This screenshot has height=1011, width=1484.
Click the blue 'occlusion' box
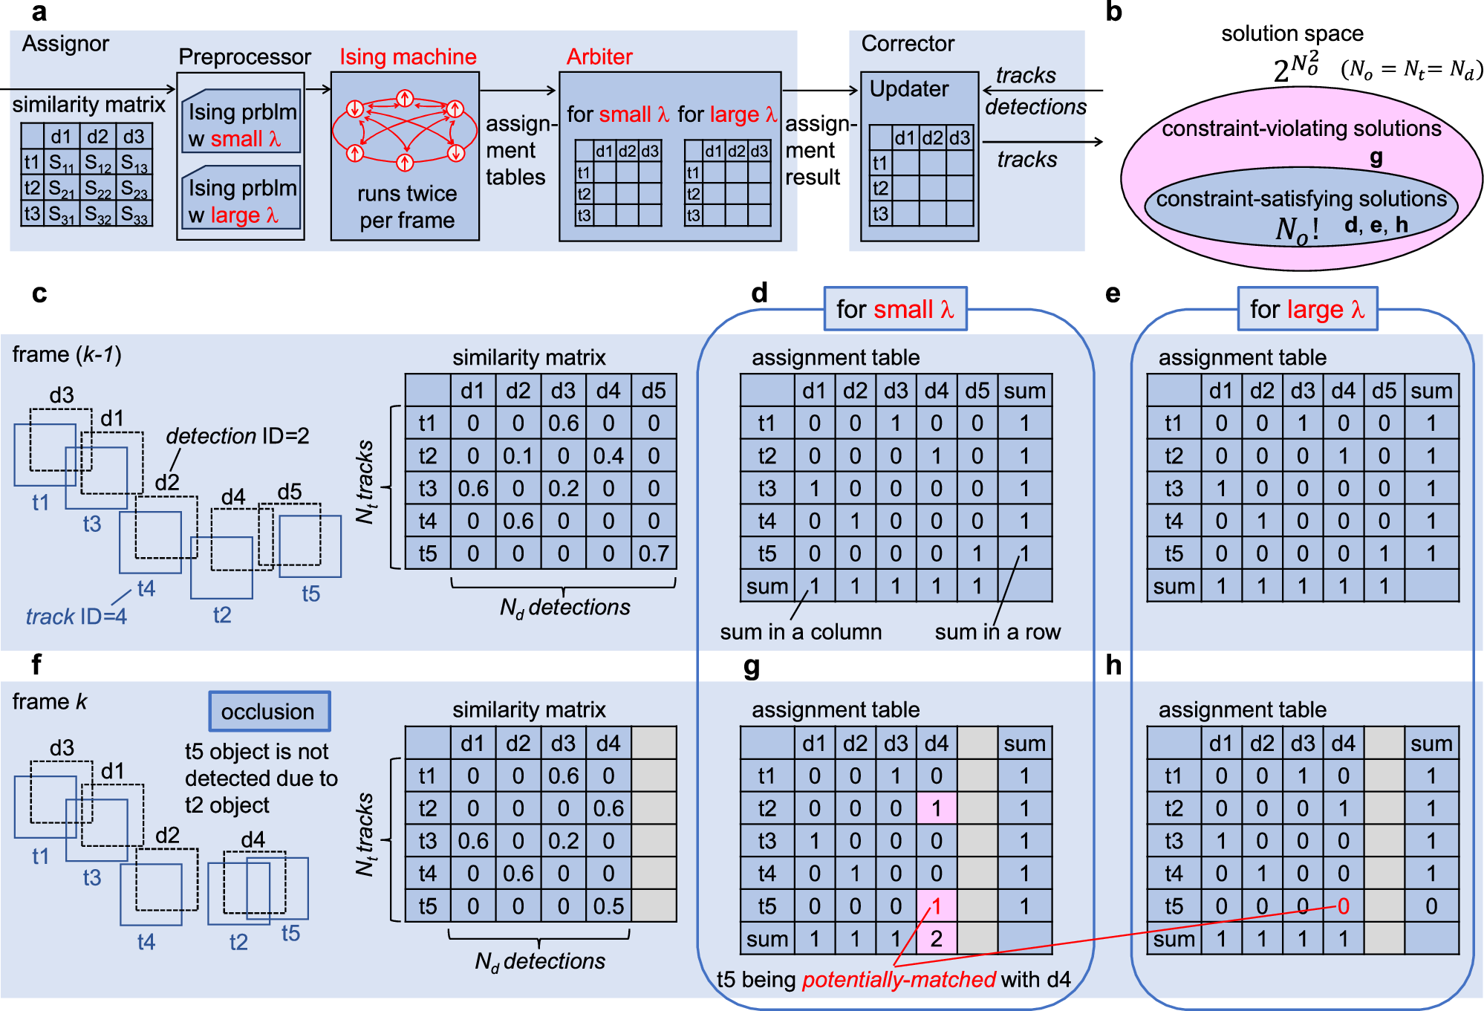(268, 711)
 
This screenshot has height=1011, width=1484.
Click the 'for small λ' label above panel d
(894, 309)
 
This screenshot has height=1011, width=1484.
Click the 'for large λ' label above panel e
(1306, 309)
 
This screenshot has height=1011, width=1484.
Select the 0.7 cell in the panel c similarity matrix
(653, 553)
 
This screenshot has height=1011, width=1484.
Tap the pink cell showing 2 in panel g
(936, 939)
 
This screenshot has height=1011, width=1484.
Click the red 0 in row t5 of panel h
(1343, 906)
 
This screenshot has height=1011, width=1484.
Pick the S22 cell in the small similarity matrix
(97, 188)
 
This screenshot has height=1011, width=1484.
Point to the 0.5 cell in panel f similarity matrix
(608, 906)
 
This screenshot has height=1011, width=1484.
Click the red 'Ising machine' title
(408, 56)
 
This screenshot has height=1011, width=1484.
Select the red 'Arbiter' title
(599, 56)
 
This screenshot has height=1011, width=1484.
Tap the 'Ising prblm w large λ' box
(241, 201)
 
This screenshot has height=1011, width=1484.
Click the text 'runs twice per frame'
(406, 207)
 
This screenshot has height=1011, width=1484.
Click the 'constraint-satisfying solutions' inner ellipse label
(1301, 199)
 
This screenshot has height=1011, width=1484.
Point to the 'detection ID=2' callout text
(237, 436)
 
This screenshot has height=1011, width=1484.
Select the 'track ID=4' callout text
(76, 617)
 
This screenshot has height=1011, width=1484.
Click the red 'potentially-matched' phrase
(898, 980)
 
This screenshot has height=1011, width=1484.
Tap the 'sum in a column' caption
(801, 632)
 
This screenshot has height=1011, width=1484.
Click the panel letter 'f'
(36, 664)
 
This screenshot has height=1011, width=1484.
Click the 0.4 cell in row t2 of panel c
(608, 455)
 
